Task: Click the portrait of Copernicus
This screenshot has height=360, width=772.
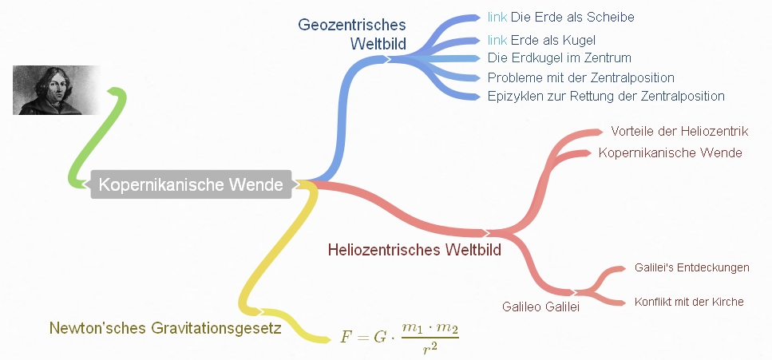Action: (x=56, y=89)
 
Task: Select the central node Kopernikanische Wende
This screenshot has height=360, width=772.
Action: (x=191, y=185)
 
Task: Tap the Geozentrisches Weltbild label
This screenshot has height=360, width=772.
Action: (x=352, y=34)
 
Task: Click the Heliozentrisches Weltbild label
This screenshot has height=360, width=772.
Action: (x=414, y=250)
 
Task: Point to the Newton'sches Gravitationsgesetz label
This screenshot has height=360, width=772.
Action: (x=165, y=328)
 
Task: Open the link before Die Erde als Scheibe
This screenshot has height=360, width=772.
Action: (x=497, y=17)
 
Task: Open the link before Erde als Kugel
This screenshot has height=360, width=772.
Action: (x=497, y=39)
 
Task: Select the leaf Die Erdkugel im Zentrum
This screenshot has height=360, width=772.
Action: (x=559, y=57)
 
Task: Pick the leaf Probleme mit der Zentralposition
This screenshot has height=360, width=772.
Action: (x=580, y=77)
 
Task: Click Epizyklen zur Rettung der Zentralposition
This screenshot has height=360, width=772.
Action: (x=605, y=96)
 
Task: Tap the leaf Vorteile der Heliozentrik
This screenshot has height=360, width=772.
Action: (x=679, y=131)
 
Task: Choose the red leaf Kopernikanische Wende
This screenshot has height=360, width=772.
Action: (x=670, y=152)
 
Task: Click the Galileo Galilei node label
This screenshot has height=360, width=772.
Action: (x=540, y=306)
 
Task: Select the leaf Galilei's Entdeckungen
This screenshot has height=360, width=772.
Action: (x=691, y=267)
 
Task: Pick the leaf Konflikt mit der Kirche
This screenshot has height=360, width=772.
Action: (x=688, y=302)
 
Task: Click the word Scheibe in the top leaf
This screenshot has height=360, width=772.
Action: (x=612, y=17)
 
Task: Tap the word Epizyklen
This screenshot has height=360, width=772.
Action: (x=513, y=96)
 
